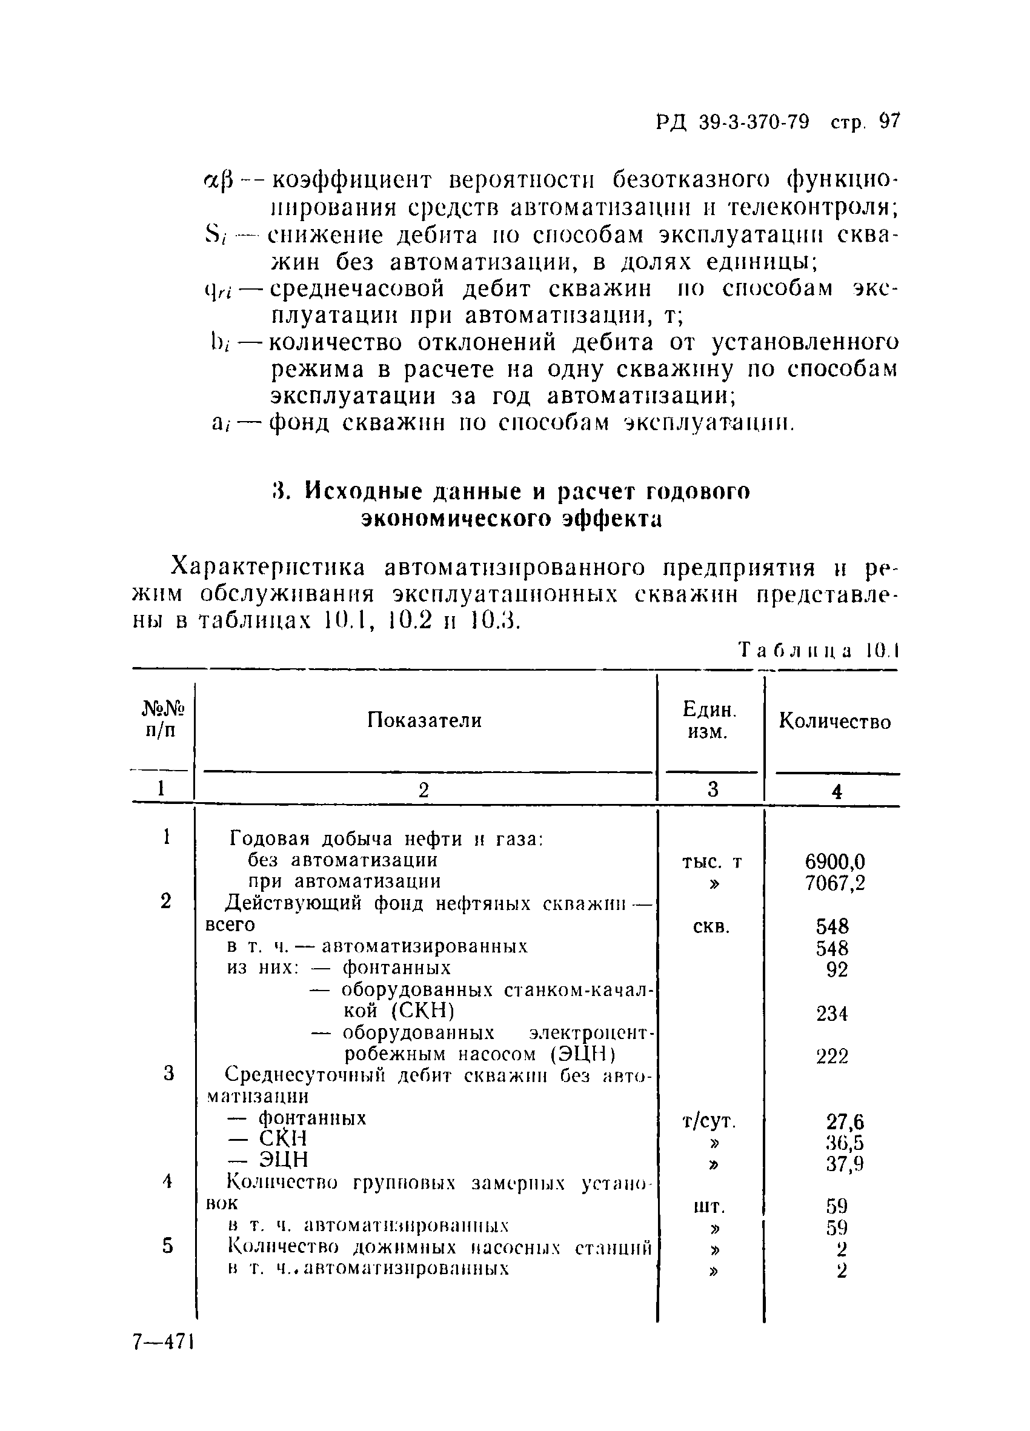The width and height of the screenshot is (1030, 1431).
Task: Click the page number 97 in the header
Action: (889, 121)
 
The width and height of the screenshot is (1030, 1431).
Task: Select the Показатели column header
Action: (424, 720)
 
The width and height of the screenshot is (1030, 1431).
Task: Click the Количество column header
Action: (834, 721)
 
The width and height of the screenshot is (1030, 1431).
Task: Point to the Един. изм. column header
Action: (709, 721)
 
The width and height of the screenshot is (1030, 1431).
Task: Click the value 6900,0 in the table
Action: (834, 862)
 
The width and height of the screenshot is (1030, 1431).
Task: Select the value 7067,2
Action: (834, 883)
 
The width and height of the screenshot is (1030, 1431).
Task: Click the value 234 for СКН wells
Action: (832, 1014)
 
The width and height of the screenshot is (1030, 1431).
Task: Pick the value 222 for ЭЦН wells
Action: (832, 1057)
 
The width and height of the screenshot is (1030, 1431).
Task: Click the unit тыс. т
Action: (711, 862)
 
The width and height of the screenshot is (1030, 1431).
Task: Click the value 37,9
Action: (845, 1163)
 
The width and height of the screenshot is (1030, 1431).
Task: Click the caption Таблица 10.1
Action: (818, 650)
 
